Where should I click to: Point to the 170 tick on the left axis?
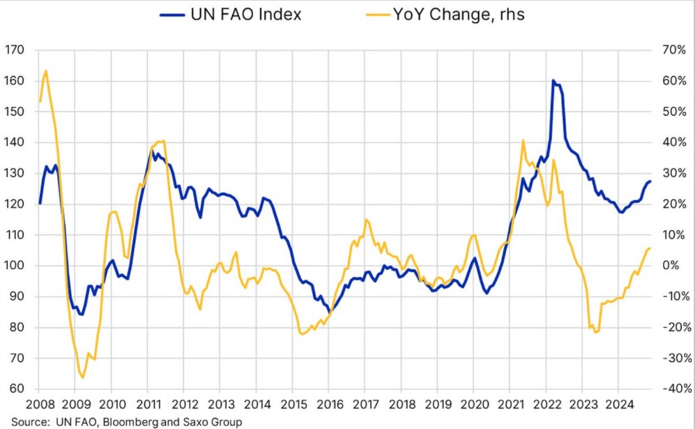click(15, 50)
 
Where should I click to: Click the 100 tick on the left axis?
click(15, 266)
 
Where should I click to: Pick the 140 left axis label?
click(15, 142)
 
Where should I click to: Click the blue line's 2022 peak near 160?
click(553, 81)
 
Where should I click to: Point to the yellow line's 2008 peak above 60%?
click(45, 70)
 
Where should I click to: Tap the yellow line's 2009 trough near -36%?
click(82, 377)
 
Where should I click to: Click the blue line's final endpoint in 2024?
click(650, 181)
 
